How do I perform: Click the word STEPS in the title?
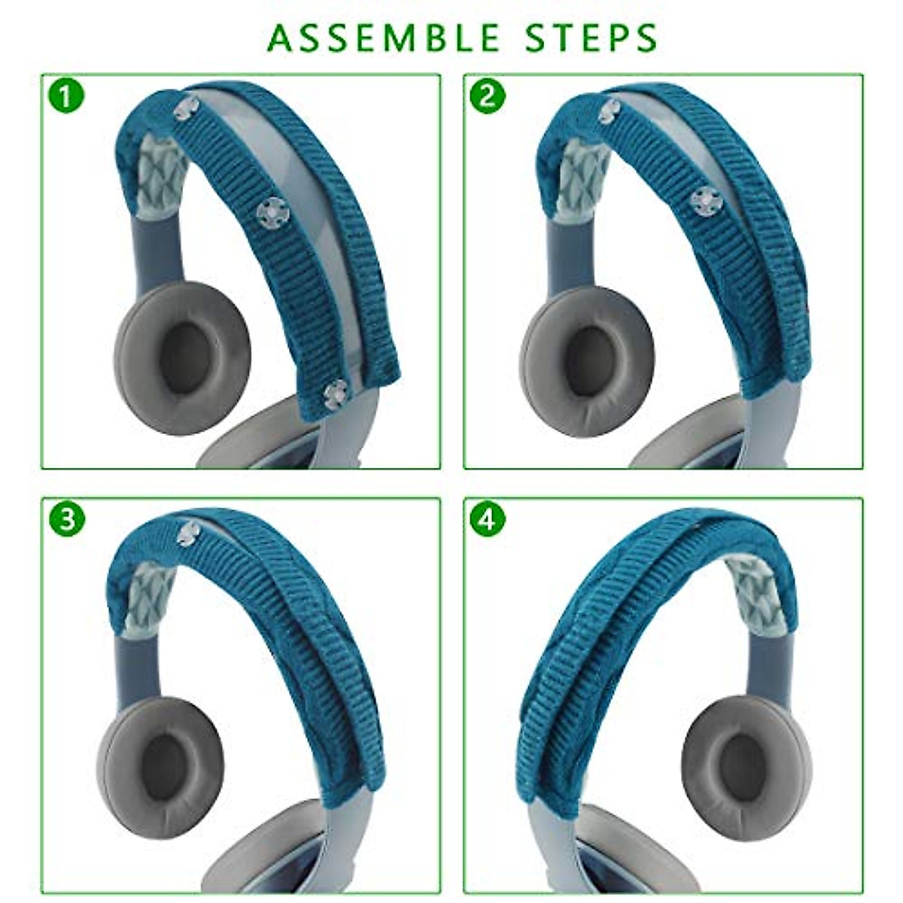591,38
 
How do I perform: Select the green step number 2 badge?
487,96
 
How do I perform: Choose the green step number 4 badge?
487,519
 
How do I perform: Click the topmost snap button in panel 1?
186,108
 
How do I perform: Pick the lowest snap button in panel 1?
336,392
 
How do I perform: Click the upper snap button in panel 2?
610,111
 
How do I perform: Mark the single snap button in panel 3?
188,532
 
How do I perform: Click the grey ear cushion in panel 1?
182,357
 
